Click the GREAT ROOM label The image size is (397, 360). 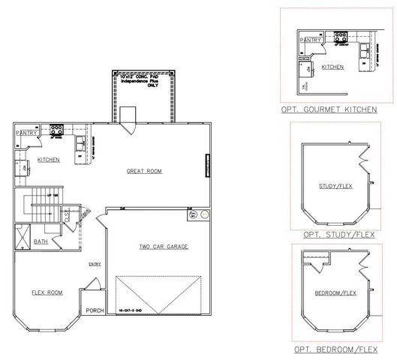pos(144,171)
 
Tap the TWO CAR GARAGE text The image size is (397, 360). pos(163,247)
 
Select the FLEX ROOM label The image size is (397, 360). pos(47,292)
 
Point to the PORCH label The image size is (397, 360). pos(95,310)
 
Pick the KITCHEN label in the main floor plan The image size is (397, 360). pos(49,160)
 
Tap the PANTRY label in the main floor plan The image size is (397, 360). pos(26,133)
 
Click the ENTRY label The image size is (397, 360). pos(95,263)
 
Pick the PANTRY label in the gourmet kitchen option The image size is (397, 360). pos(310,40)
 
